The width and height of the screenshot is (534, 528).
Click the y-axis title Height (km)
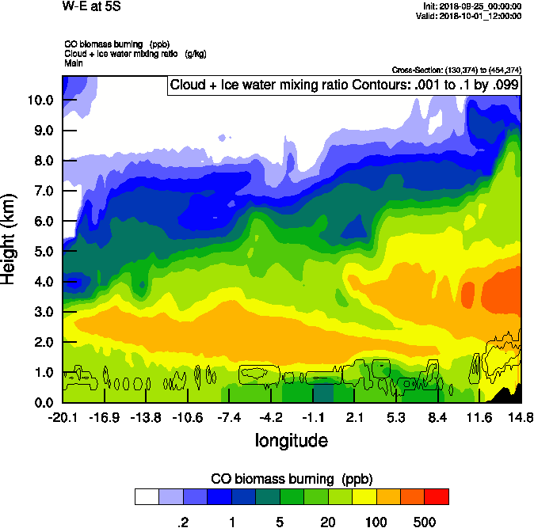point(10,239)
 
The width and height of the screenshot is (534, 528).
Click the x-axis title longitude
point(291,439)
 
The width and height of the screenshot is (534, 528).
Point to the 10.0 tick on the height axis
point(40,100)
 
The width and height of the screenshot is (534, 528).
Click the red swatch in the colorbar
point(437,496)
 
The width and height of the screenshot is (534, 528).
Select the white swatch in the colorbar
point(147,496)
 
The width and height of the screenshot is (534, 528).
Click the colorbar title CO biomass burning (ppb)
point(292,480)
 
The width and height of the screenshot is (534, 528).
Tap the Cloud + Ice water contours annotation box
point(343,85)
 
